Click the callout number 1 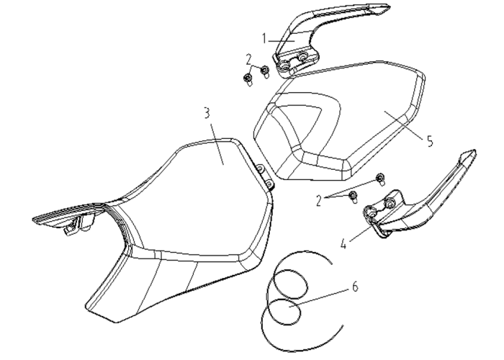(x=264, y=39)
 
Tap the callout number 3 (x=207, y=113)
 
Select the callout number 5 (x=430, y=141)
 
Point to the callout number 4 (x=343, y=244)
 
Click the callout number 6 (x=354, y=287)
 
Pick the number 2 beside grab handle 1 (x=248, y=59)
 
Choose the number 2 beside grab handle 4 (x=318, y=201)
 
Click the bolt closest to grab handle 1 (x=265, y=71)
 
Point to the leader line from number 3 (x=217, y=144)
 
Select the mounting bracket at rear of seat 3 (x=264, y=176)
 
